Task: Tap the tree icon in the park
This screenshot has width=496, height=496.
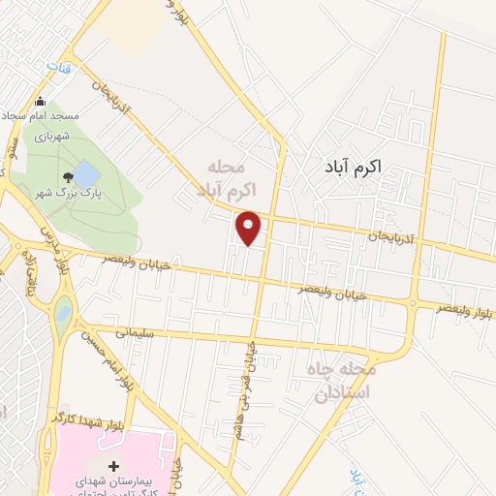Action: [67, 177]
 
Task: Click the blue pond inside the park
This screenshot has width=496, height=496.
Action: [85, 174]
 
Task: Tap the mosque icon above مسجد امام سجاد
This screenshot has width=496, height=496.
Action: [40, 102]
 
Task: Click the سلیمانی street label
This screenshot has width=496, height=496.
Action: [137, 332]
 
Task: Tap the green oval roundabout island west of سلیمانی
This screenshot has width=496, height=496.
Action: [63, 315]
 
